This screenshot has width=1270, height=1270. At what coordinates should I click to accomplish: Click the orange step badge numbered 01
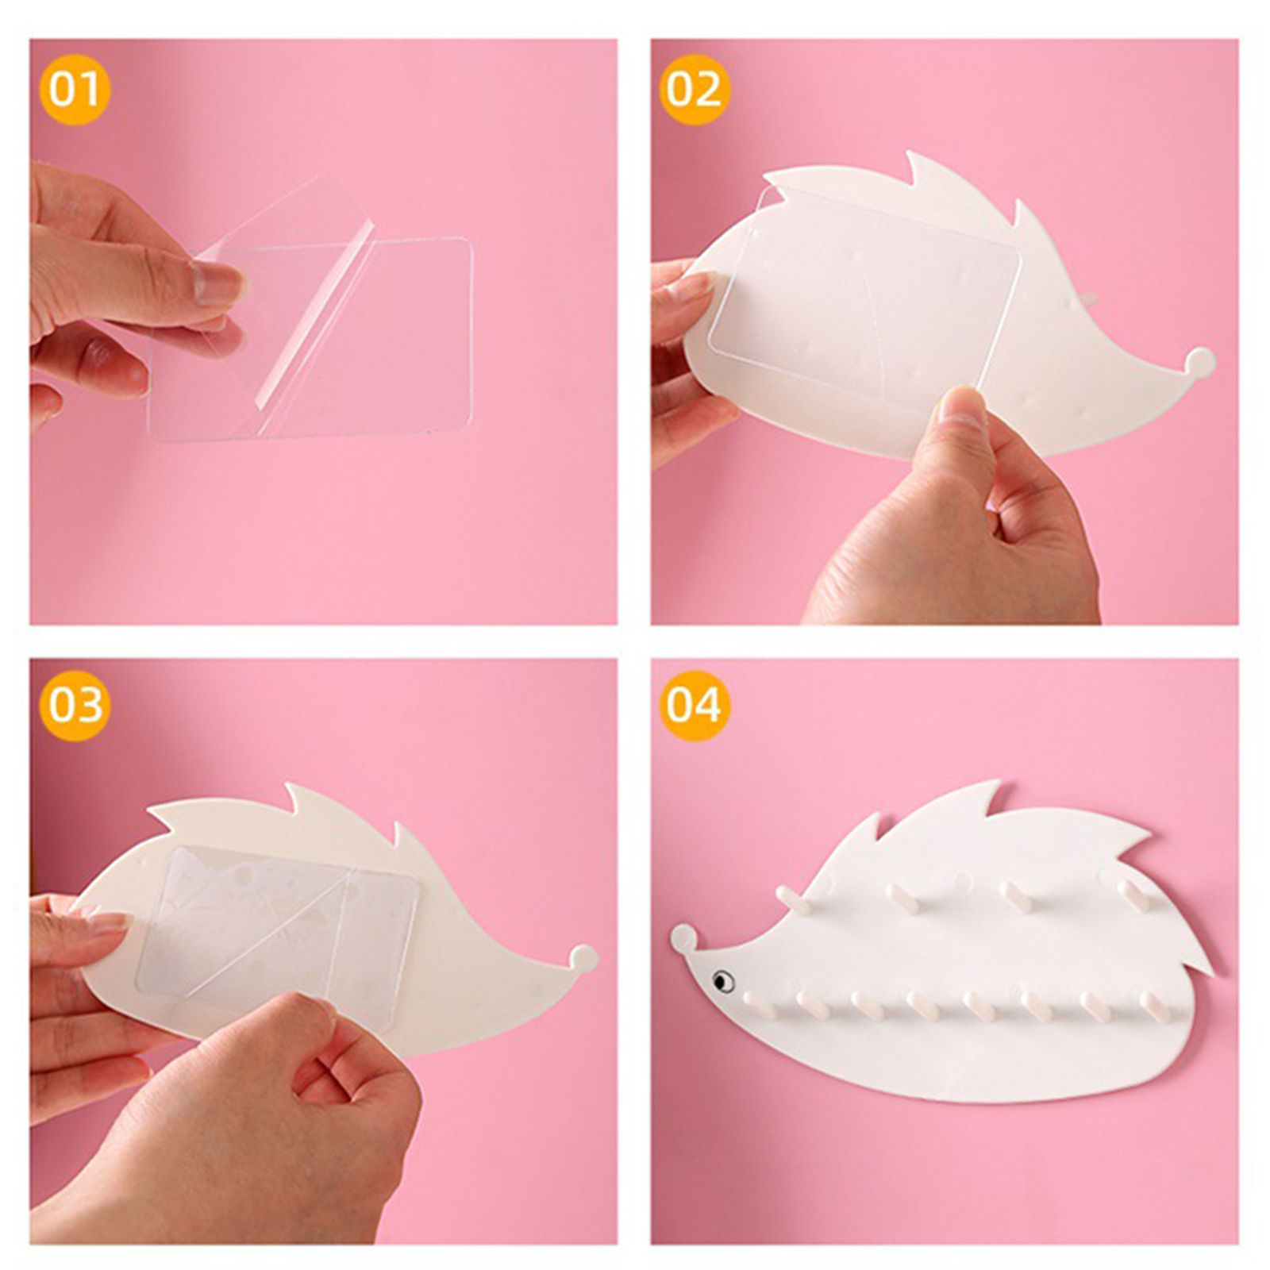coord(75,89)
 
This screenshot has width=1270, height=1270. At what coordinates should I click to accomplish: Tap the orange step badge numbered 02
coord(694,89)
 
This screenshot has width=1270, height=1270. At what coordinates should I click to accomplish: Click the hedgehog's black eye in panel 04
coord(722,981)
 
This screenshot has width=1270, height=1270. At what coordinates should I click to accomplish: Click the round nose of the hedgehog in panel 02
coord(1200,363)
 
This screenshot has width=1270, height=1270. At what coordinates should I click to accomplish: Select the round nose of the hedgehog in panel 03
coord(584,959)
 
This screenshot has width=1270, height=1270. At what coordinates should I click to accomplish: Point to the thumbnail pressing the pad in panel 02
coord(962,406)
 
